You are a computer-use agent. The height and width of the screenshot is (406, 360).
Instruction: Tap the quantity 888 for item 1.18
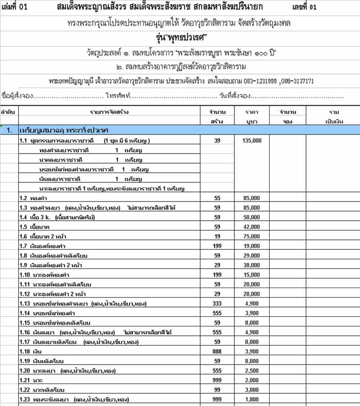click(217, 351)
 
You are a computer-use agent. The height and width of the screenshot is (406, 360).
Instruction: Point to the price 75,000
click(252, 236)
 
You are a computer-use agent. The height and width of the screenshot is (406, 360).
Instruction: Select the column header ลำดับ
click(9, 112)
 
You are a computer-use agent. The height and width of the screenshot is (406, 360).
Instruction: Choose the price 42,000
click(252, 226)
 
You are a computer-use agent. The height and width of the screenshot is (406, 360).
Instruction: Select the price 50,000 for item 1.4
click(252, 217)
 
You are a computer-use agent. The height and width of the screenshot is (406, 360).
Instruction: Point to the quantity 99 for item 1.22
click(217, 389)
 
